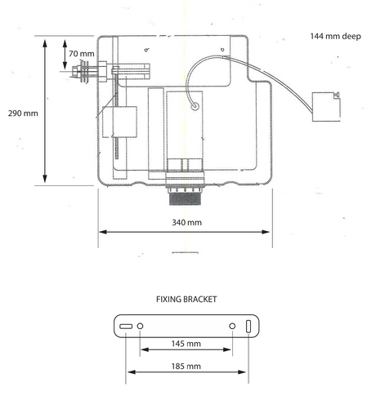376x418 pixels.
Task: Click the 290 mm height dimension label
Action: tap(23, 113)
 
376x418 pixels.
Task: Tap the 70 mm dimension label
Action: tap(82, 54)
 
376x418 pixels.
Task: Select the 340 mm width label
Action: tap(187, 222)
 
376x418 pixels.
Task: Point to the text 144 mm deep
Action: tap(336, 36)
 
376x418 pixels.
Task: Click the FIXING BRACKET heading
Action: tap(186, 300)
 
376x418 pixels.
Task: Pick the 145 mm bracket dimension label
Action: tap(186, 344)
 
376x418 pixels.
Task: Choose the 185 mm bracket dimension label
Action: tap(186, 366)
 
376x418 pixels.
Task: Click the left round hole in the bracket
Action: tap(140, 326)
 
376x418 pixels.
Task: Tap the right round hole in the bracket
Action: tap(232, 326)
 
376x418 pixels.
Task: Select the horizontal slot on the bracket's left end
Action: tap(126, 327)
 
